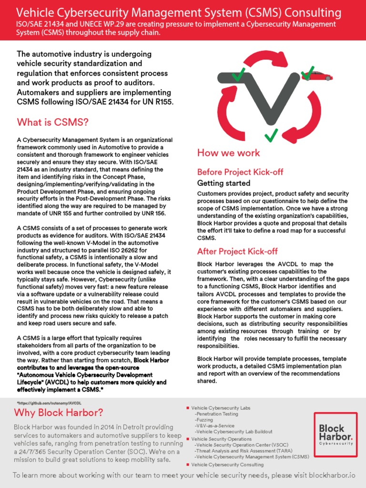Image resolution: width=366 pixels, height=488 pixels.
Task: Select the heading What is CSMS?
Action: pos(52,122)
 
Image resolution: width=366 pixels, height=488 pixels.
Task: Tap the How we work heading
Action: pos(228,152)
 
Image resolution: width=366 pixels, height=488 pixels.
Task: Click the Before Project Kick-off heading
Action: pos(237,172)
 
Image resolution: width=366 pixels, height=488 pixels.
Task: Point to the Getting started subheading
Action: pos(224,183)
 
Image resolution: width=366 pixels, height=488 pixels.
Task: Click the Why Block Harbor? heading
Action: pos(58,412)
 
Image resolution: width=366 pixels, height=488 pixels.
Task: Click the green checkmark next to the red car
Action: pos(308,72)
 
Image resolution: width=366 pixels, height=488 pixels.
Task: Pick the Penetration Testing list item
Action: pos(216,414)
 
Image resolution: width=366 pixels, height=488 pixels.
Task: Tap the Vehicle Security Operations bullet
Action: pos(221,438)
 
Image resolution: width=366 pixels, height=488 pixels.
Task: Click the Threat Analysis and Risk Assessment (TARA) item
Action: pos(241,450)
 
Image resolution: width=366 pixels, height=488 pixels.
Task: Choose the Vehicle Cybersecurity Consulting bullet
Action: pos(227,464)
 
